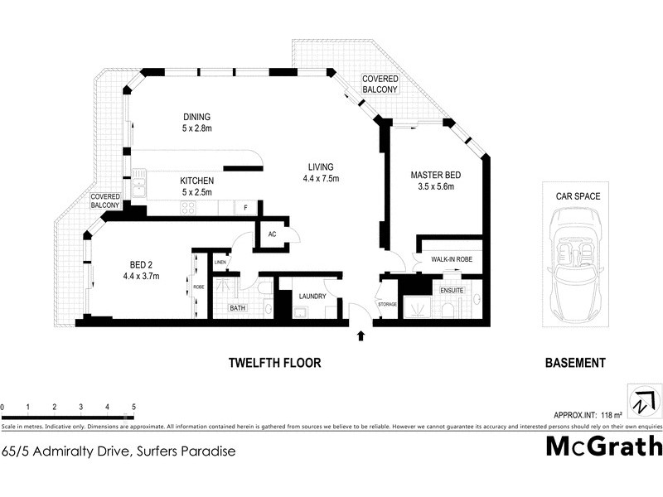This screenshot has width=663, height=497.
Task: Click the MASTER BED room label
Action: click(435, 175)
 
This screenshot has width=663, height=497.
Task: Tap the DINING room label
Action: click(197, 117)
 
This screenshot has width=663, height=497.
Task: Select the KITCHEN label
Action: click(197, 181)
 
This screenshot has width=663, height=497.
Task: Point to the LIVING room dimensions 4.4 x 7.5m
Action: click(322, 178)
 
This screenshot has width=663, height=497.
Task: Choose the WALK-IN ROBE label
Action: click(451, 259)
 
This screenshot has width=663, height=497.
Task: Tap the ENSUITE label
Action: click(452, 291)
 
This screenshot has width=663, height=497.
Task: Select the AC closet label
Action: click(271, 234)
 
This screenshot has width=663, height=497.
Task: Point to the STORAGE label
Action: click(387, 305)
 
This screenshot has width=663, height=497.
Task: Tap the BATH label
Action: click(238, 308)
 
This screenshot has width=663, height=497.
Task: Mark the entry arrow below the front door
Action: click(361, 336)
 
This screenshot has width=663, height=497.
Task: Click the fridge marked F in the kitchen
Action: click(245, 207)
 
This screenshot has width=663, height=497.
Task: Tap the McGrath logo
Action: click(603, 446)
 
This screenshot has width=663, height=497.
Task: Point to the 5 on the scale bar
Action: click(133, 407)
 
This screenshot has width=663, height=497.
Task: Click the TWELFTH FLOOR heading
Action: click(274, 363)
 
